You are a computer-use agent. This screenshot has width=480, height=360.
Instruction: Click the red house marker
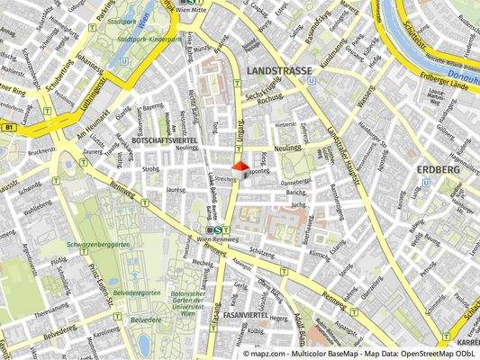(x=239, y=166)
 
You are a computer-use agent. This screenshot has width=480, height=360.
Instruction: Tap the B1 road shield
(x=9, y=129)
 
